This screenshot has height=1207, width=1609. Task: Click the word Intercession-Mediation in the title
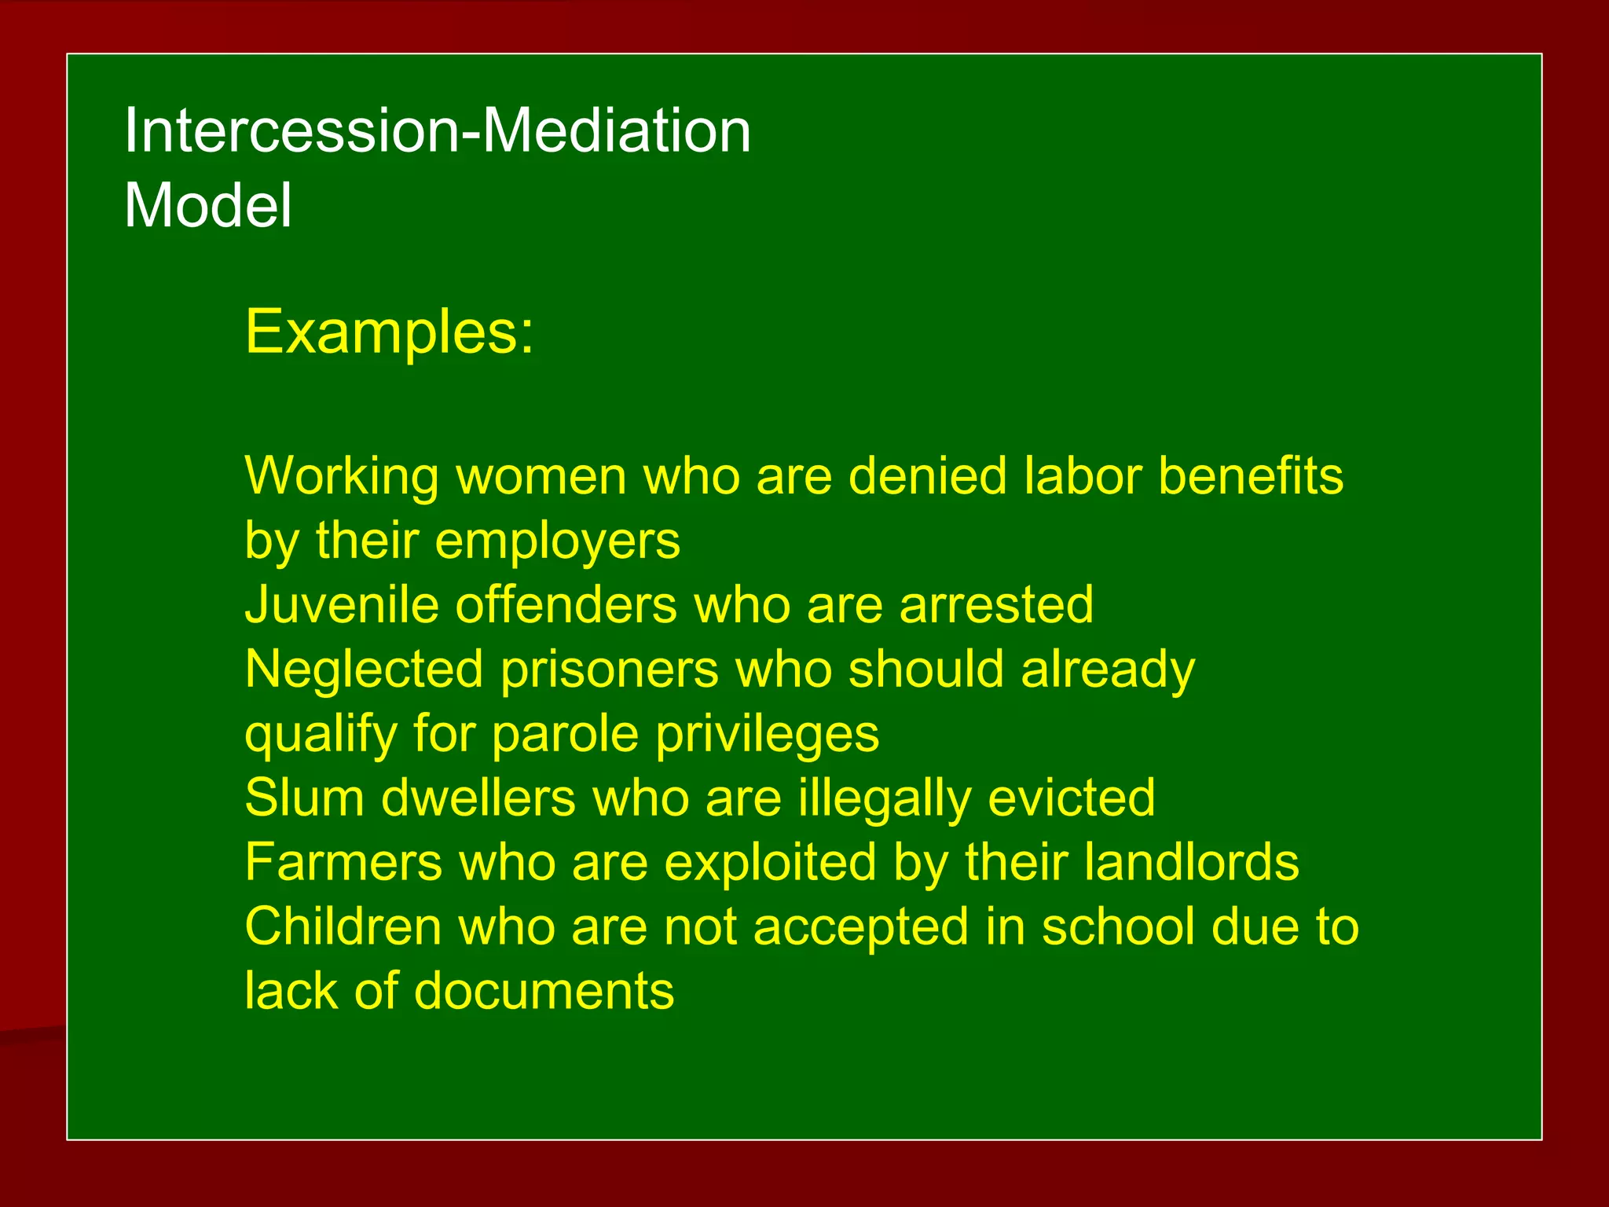coord(437,130)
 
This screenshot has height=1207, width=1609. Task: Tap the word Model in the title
coord(207,206)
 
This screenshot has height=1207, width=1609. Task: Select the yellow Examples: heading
coord(389,332)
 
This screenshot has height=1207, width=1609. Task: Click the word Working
coord(342,477)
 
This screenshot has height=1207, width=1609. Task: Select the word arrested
coord(996,605)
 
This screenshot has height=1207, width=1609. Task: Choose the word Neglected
coord(364,670)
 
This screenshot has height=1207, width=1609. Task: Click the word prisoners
coord(609,670)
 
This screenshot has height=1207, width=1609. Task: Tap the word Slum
coord(304,798)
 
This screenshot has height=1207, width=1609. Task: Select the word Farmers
coord(343,863)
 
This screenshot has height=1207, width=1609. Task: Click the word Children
coord(343,927)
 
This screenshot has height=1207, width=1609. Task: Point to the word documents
coord(544,992)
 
